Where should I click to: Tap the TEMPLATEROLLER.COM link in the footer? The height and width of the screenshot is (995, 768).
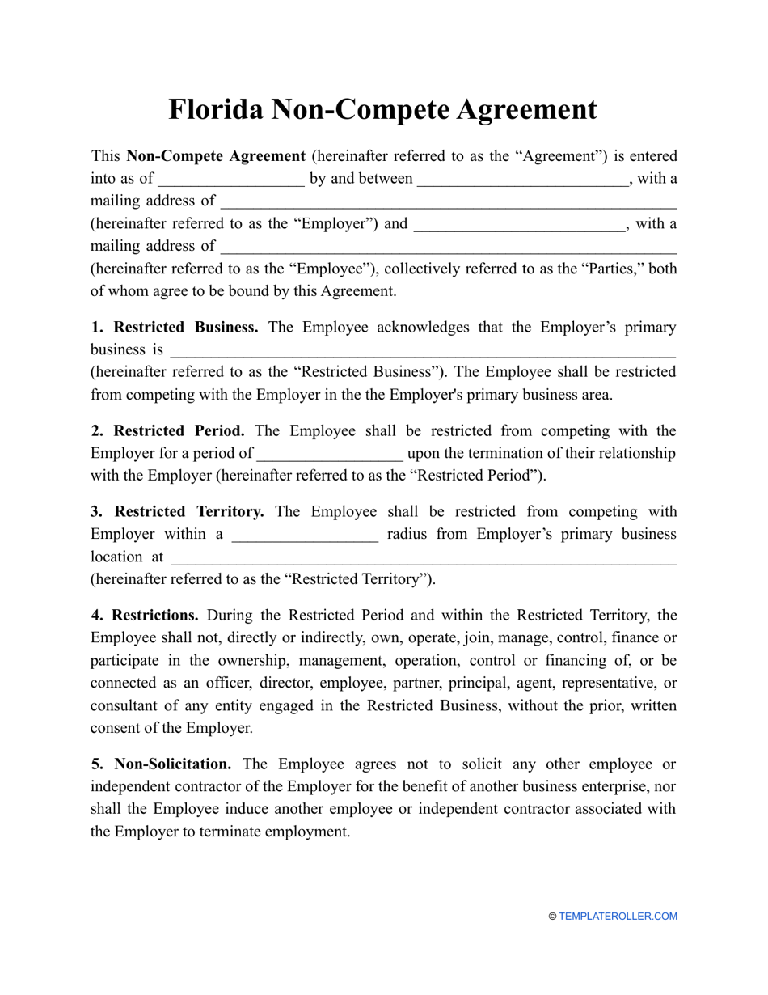(618, 917)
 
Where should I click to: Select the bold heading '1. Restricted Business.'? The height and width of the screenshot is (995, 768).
(175, 328)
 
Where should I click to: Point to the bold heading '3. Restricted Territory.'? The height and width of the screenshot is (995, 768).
(177, 512)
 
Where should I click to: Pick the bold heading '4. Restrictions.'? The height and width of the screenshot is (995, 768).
(145, 616)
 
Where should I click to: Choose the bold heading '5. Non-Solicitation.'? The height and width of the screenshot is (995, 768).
(161, 764)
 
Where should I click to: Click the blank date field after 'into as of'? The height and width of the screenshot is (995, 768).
(231, 180)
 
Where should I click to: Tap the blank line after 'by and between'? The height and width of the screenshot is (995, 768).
(522, 180)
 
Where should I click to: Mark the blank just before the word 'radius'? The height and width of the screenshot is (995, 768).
(305, 536)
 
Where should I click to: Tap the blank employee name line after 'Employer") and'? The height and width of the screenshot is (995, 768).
(519, 225)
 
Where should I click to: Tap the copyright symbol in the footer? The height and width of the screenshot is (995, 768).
(553, 917)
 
